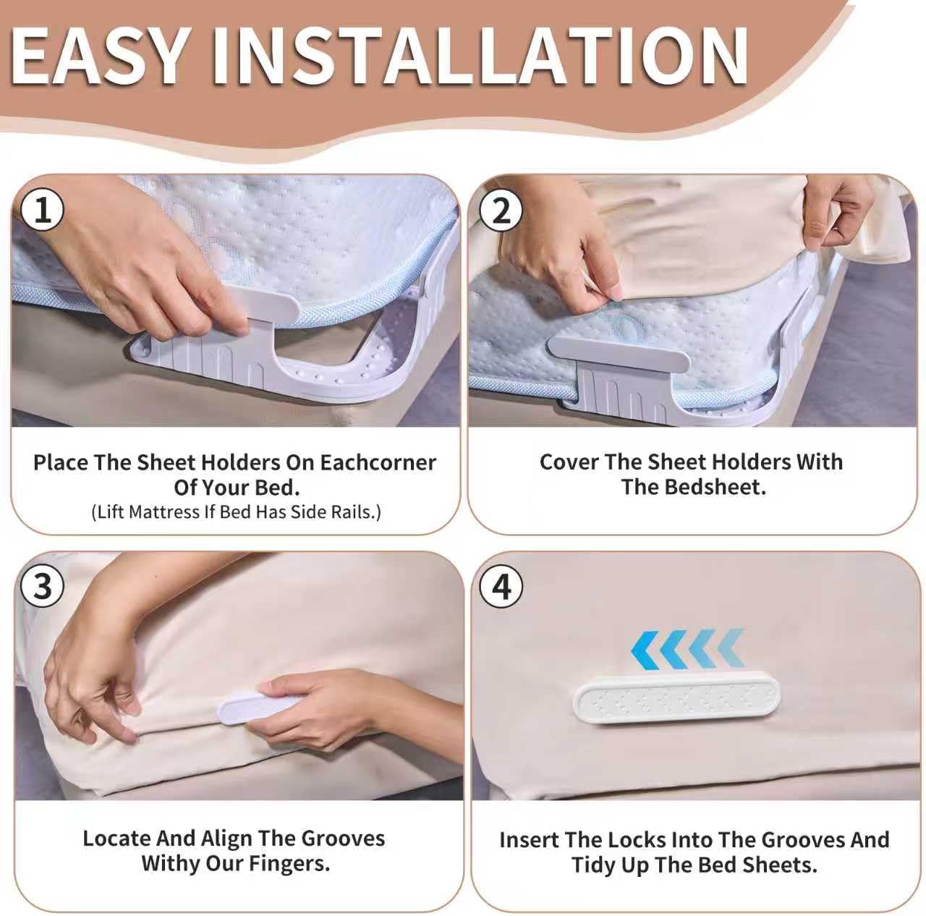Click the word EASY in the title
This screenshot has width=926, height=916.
pos(99,56)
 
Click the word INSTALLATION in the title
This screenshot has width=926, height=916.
pos(480,56)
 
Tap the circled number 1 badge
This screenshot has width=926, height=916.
pos(42,210)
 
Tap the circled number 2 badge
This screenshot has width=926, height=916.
pos(501,210)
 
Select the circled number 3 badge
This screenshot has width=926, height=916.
pos(42,586)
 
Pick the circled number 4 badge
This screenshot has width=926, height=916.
pos(501,586)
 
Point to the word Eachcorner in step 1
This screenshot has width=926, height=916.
pos(378,462)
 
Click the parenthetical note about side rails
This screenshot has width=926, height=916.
pos(236,512)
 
